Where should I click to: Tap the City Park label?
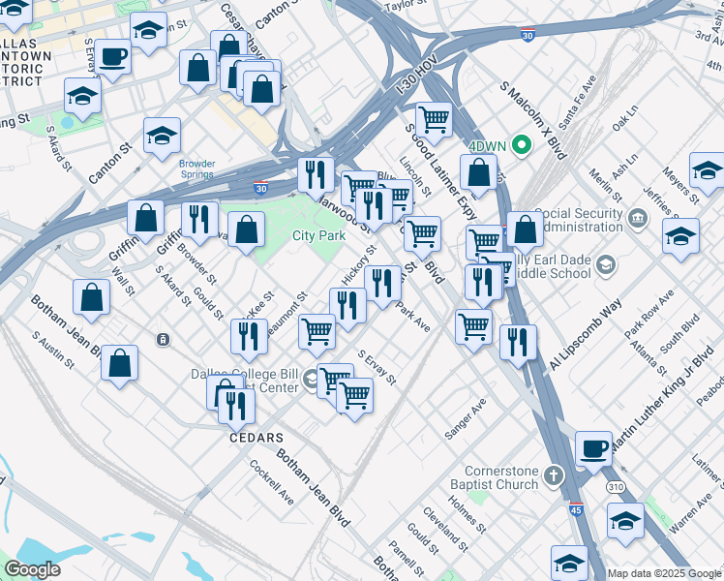point(319,235)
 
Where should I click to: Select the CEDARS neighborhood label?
point(256,438)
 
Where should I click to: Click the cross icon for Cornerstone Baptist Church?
point(552,474)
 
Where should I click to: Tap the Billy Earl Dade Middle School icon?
point(605,263)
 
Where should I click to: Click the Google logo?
point(33,569)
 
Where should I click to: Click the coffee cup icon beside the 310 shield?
point(593,449)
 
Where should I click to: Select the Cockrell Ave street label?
point(271,481)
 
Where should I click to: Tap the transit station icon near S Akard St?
point(163,339)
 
